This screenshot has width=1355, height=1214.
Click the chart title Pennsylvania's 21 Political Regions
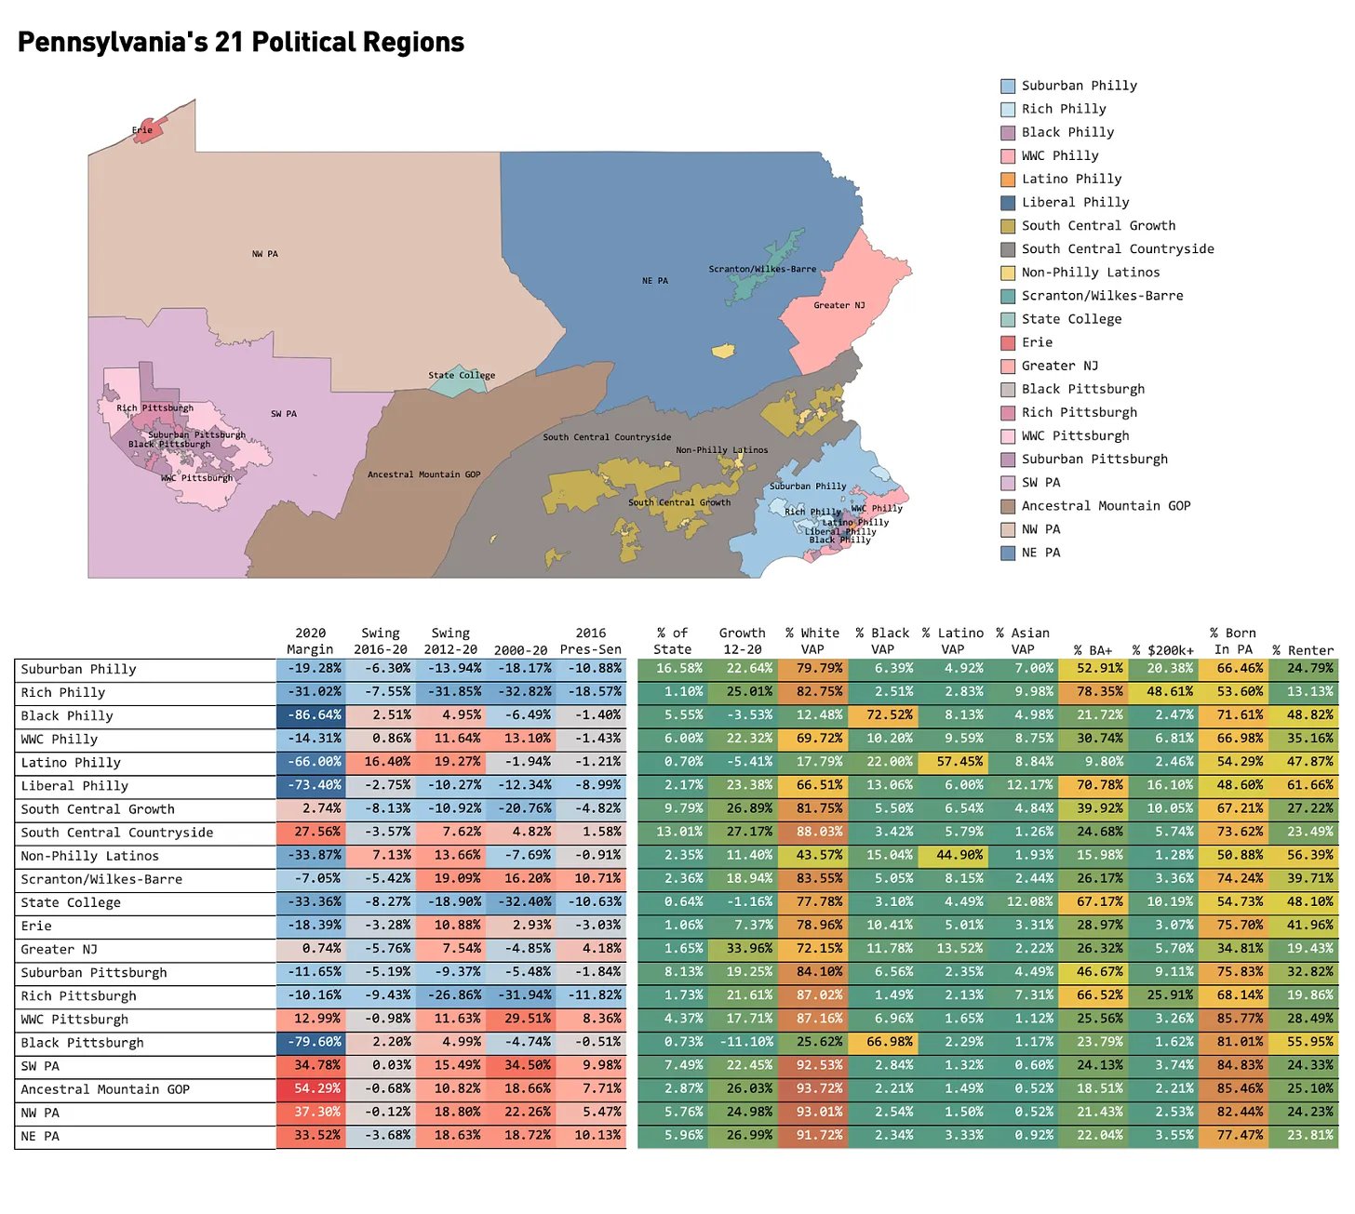click(x=241, y=43)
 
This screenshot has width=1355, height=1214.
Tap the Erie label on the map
click(x=141, y=130)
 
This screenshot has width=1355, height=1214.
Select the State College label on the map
click(x=462, y=376)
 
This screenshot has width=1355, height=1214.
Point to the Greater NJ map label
click(x=838, y=305)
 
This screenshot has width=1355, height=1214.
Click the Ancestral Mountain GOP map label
click(x=423, y=474)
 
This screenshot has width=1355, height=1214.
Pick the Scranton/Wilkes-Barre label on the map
click(x=762, y=269)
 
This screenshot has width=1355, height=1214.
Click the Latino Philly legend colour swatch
click(x=1008, y=180)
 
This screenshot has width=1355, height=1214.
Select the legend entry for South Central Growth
click(x=1098, y=226)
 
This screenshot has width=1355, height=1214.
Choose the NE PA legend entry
click(x=1040, y=553)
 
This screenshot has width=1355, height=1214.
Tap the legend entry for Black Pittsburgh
click(x=1082, y=389)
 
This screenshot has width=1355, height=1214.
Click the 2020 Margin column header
click(x=310, y=641)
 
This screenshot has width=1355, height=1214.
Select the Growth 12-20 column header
click(x=742, y=641)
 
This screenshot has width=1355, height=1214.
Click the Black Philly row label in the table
click(x=67, y=716)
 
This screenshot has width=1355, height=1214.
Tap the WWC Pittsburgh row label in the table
click(x=74, y=1020)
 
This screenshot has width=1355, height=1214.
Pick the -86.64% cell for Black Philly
click(x=312, y=715)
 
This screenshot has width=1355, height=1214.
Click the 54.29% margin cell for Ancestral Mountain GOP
click(x=312, y=1088)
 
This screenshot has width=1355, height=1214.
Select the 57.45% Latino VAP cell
click(x=952, y=762)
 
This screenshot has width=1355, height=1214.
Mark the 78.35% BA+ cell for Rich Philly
click(x=1093, y=692)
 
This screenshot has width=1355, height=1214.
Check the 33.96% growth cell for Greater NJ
click(x=743, y=949)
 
